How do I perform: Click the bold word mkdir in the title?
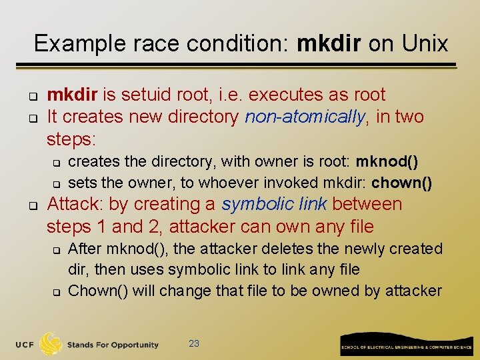tap(328, 44)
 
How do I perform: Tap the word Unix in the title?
tap(425, 44)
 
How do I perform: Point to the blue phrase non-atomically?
tap(305, 117)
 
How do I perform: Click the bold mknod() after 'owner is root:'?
tap(387, 162)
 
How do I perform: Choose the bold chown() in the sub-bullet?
tap(402, 183)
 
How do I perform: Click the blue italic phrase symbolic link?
tap(275, 205)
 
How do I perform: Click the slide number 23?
tap(194, 343)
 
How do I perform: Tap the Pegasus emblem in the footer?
tap(51, 343)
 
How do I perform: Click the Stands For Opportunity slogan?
tap(113, 345)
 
